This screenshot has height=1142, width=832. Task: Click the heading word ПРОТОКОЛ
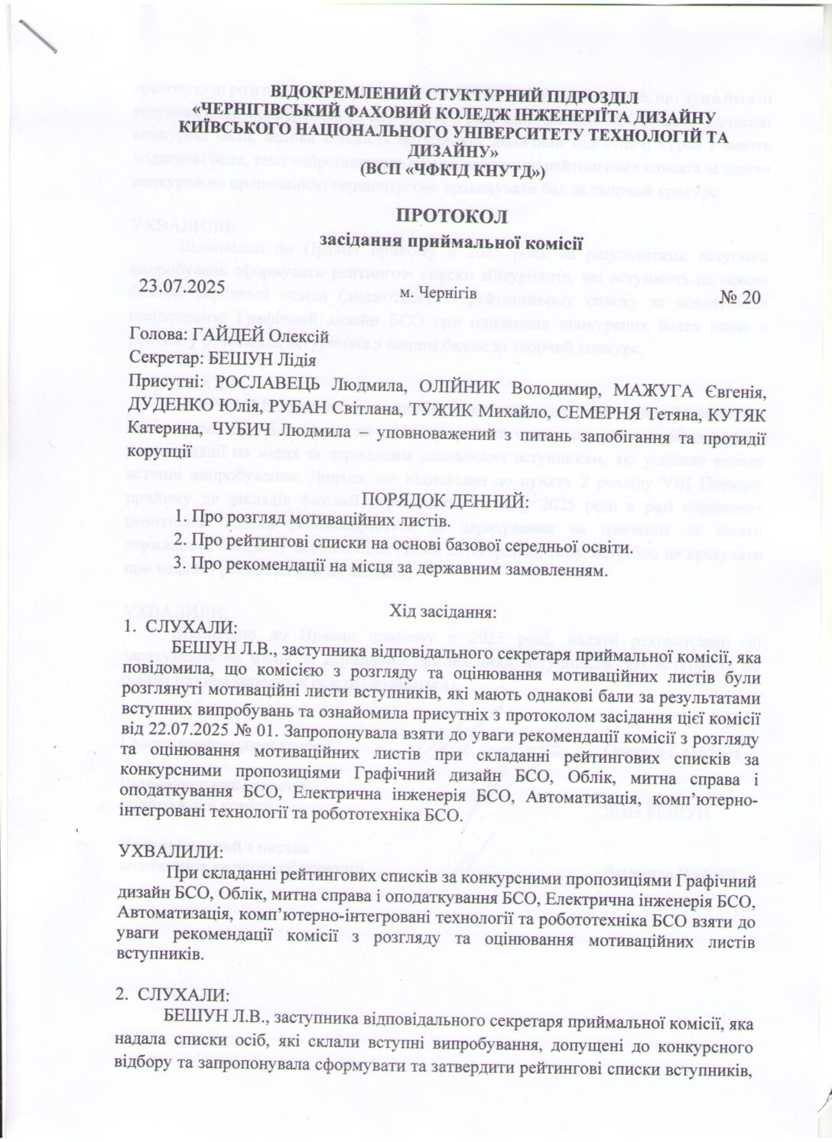(x=451, y=216)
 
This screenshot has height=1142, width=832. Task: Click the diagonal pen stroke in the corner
(x=38, y=35)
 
